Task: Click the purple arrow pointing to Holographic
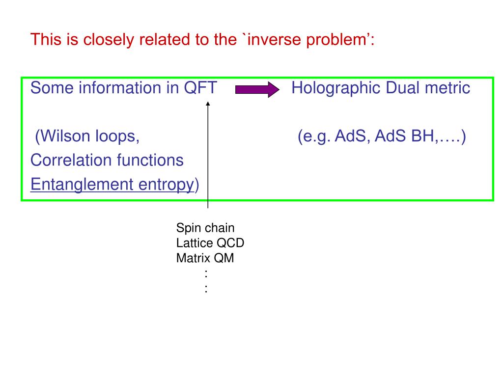pos(257,89)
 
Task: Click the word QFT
pos(200,88)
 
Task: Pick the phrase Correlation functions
pos(107,160)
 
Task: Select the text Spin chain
pos(205,228)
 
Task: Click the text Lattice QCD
pos(210,243)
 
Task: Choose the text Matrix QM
pos(205,258)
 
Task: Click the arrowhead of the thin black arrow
pos(208,104)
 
